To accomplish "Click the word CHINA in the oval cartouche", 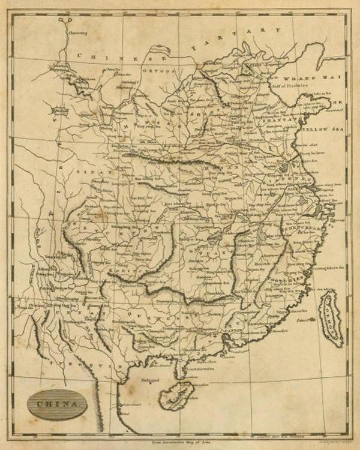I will [x=57, y=403].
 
